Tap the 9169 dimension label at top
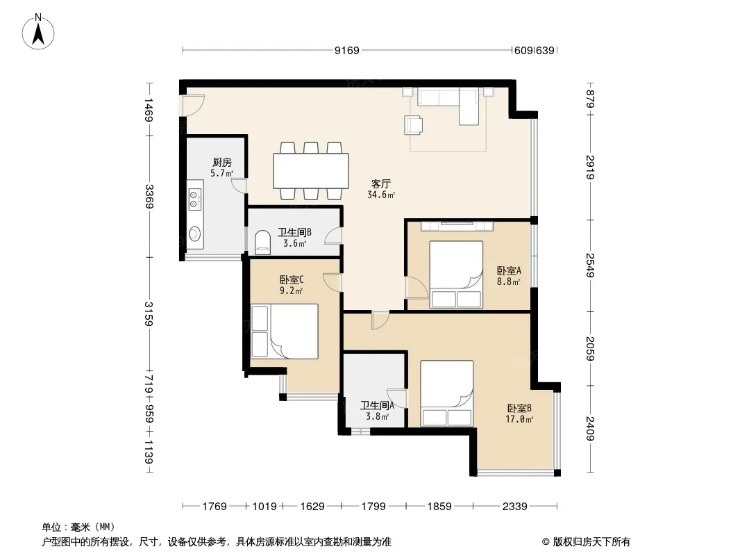(347, 51)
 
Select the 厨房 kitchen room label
(222, 163)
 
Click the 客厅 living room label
(381, 183)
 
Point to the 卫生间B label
(294, 232)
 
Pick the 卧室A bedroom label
(509, 270)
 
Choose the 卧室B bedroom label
(520, 408)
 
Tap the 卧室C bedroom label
(292, 279)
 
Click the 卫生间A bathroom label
(377, 405)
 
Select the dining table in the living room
(311, 170)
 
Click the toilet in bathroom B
(262, 241)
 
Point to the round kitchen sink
(194, 234)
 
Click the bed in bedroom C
(285, 331)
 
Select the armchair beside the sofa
(414, 125)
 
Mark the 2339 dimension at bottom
(514, 507)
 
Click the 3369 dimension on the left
(149, 196)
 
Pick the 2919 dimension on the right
(590, 167)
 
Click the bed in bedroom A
(456, 275)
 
